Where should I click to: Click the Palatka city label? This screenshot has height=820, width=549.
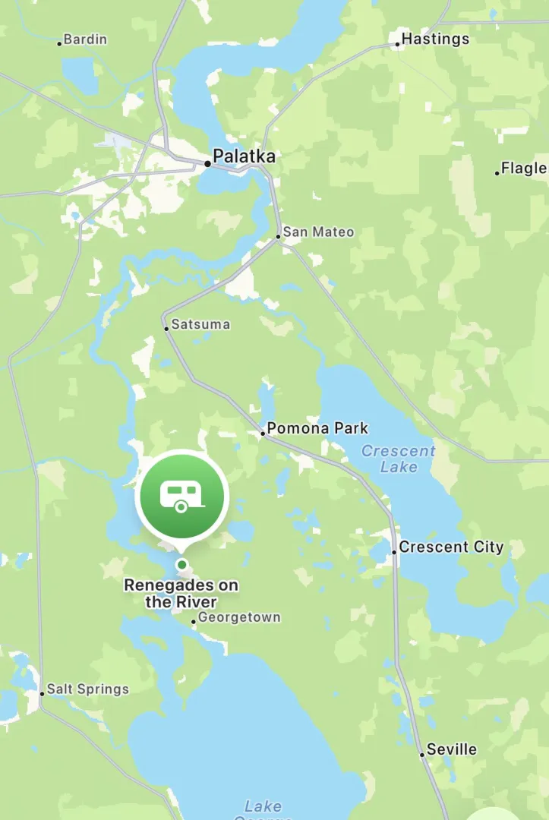(244, 156)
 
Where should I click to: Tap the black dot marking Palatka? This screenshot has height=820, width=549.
(207, 163)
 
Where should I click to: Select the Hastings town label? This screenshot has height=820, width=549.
(435, 39)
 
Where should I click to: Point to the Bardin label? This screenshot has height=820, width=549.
(85, 39)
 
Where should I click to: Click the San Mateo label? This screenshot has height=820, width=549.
(318, 232)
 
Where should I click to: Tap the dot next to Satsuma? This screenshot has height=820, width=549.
(166, 329)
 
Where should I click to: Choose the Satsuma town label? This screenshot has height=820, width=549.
(200, 324)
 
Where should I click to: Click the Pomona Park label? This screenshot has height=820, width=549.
(317, 428)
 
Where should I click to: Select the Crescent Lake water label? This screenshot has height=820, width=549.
(399, 459)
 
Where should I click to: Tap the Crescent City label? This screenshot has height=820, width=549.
(451, 547)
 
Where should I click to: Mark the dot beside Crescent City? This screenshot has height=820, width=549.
(394, 551)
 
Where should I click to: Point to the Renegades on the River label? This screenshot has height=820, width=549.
(181, 594)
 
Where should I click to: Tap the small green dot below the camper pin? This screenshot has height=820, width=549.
(181, 564)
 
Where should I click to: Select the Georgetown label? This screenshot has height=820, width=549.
(239, 617)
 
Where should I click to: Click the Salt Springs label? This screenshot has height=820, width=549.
(88, 689)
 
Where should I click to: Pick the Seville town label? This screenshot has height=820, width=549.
(452, 749)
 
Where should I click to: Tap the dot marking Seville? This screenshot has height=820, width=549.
(422, 755)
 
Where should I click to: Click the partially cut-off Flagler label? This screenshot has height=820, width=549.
(524, 168)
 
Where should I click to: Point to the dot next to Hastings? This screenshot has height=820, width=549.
(397, 44)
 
